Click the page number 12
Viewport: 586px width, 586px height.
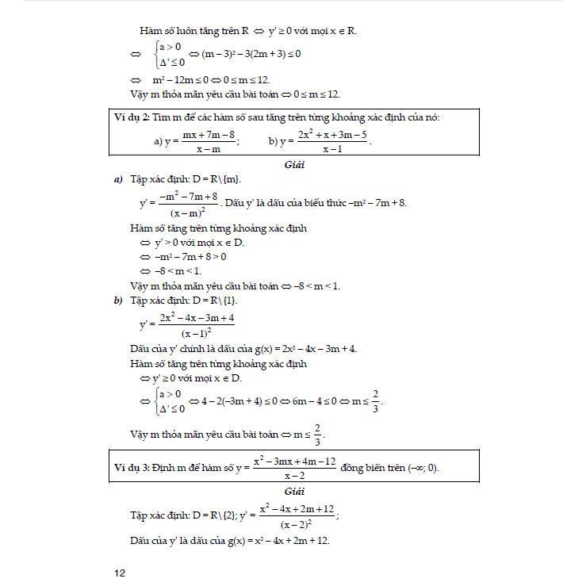120,573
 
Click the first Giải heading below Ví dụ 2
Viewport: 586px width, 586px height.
294,165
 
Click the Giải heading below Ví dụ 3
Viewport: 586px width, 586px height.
294,492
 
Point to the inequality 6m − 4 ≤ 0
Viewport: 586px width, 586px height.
303,401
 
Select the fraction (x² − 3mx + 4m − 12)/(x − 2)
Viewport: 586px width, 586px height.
294,467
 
